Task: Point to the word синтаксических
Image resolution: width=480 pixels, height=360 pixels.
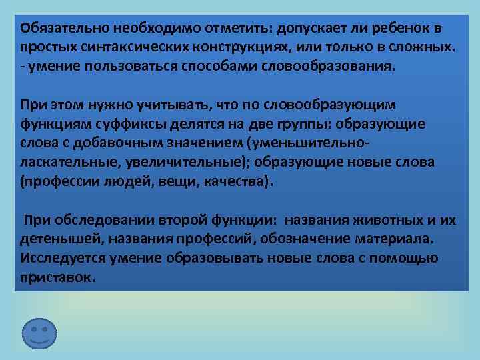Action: click(133, 49)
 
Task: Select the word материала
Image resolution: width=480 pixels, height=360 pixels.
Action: click(399, 239)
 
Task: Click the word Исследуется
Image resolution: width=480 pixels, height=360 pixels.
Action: click(63, 258)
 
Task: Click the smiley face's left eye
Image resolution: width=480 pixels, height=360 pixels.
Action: click(33, 329)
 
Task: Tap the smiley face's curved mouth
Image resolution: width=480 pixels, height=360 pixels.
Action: click(39, 341)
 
